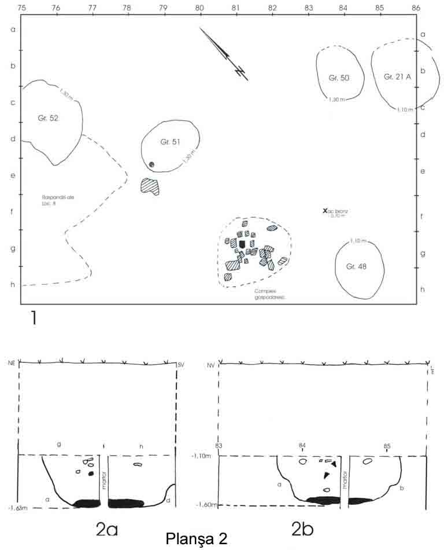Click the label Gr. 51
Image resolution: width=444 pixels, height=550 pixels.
tap(171, 142)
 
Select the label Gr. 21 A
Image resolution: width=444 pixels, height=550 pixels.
tap(397, 76)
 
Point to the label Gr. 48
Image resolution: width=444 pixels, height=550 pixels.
tap(357, 267)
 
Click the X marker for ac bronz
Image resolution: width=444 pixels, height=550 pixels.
tap(325, 211)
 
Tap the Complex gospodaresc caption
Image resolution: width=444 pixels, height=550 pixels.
tap(255, 295)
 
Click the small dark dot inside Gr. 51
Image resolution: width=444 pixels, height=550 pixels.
tap(151, 165)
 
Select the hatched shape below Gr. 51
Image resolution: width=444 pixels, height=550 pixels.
tap(150, 186)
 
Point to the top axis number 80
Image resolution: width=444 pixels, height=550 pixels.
tap(199, 8)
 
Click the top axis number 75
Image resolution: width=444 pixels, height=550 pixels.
tap(22, 8)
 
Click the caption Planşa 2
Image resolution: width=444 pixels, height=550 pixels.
tap(197, 538)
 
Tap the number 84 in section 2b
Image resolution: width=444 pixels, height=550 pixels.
tap(302, 446)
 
